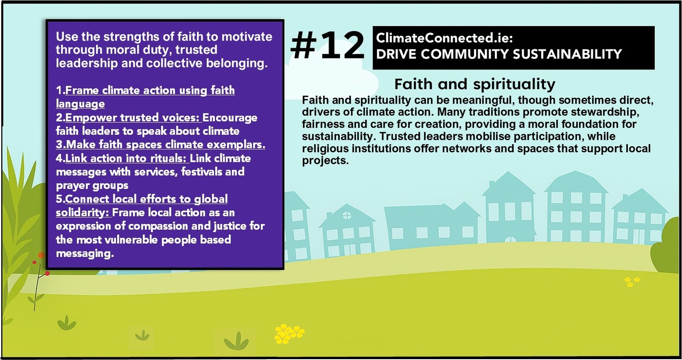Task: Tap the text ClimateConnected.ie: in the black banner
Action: point(445,38)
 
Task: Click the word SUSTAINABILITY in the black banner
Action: point(567,54)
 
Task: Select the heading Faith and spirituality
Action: point(475,84)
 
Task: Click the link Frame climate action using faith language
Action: point(145,97)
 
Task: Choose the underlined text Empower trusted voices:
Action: point(133,118)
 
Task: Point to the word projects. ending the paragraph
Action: point(325,160)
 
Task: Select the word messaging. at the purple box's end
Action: point(85,253)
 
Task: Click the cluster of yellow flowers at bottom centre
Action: point(289,334)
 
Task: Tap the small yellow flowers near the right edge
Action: point(632,282)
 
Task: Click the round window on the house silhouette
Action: point(347,216)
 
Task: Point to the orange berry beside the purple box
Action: point(41,255)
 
